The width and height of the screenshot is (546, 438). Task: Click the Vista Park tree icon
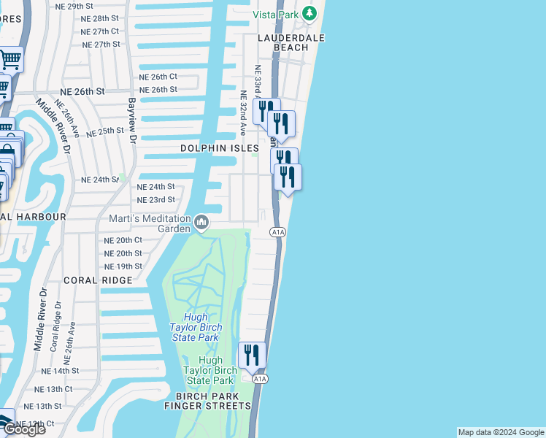[310, 14]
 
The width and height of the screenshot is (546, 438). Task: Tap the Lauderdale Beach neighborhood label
[291, 41]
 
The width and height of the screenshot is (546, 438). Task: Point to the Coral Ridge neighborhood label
[98, 280]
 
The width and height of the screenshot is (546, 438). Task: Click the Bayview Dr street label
[132, 120]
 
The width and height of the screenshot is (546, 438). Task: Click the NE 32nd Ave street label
[243, 109]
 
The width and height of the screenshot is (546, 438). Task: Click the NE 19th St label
[123, 266]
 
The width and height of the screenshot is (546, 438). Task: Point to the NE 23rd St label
[156, 199]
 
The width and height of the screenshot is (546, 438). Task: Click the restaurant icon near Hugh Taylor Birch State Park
[252, 356]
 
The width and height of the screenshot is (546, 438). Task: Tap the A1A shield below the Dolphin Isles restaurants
[277, 232]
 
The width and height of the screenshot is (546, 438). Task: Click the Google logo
[23, 429]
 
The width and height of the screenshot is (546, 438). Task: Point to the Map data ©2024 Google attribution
[500, 432]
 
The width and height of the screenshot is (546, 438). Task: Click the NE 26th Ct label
[158, 77]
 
